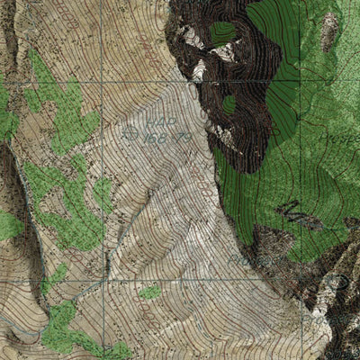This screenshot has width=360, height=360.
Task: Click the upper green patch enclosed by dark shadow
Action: point(223,33)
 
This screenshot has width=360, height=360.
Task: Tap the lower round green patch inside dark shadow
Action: point(230,103)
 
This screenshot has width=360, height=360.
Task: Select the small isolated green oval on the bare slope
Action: point(150,292)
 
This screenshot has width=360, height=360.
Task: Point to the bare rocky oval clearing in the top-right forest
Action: point(330,31)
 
